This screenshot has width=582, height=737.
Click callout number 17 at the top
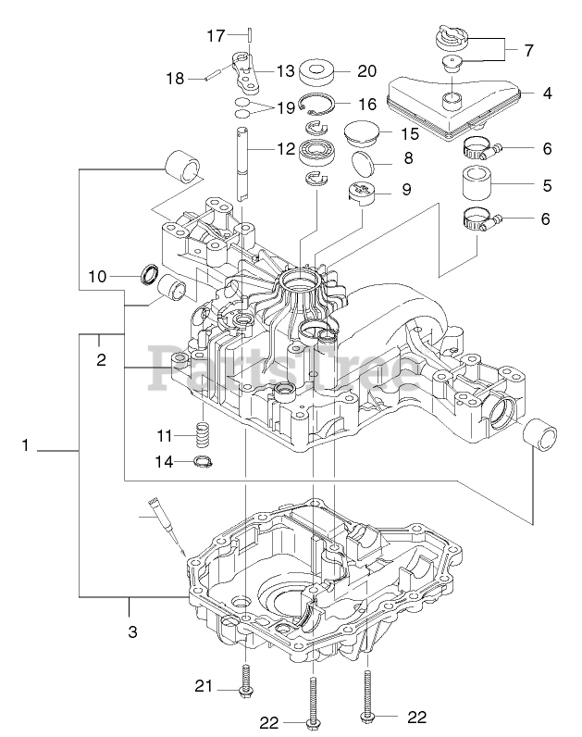click(215, 36)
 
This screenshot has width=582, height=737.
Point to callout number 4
click(548, 93)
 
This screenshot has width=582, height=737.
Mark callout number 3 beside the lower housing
click(132, 632)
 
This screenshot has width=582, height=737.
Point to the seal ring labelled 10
click(148, 275)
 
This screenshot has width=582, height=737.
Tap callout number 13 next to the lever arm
click(284, 70)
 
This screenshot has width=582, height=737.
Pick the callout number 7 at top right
click(528, 48)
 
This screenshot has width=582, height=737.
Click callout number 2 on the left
click(101, 359)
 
